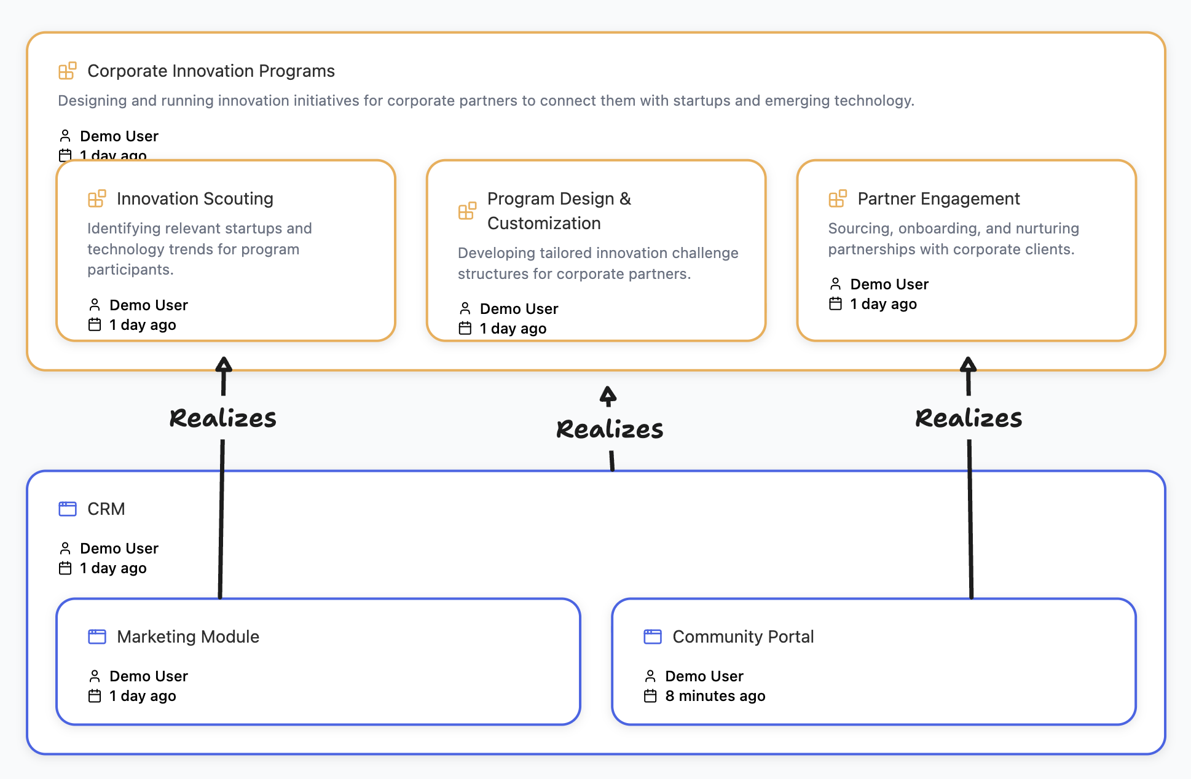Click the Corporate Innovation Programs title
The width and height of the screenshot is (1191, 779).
(211, 71)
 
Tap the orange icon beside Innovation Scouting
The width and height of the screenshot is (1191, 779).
(96, 198)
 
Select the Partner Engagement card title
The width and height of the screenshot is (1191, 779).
(938, 199)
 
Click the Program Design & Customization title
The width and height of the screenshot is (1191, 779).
(558, 211)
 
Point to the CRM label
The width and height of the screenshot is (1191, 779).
(106, 509)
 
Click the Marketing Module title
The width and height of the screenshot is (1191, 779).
(187, 636)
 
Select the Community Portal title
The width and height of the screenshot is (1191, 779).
(742, 636)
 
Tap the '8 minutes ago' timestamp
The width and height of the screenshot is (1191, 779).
(715, 696)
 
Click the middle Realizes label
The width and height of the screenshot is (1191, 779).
(609, 429)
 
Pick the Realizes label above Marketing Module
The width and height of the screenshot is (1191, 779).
(222, 418)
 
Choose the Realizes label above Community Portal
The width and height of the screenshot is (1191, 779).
(968, 418)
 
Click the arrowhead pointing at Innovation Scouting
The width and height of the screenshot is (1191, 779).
(224, 364)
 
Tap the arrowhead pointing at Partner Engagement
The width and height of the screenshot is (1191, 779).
(968, 364)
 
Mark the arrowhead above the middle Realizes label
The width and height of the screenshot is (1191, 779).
(608, 395)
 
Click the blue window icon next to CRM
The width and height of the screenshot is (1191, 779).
(68, 509)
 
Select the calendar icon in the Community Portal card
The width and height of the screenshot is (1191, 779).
(650, 696)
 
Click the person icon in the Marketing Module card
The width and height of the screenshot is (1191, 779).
(95, 676)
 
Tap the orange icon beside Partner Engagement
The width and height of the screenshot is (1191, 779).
(837, 198)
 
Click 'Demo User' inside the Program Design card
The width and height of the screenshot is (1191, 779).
(519, 309)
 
